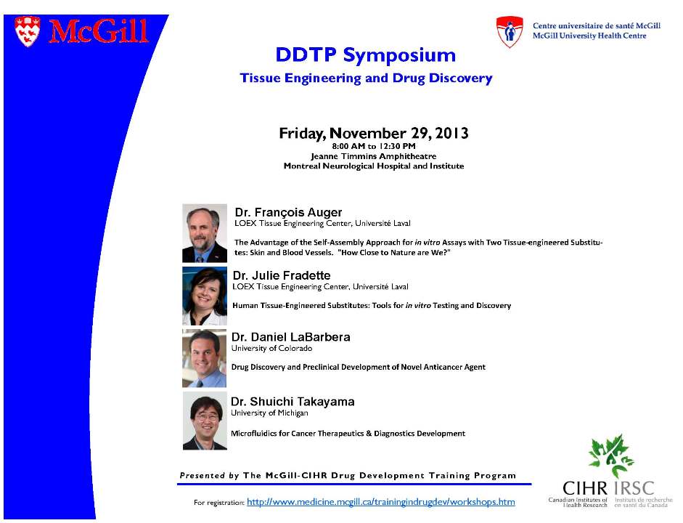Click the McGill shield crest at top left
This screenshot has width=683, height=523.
27,31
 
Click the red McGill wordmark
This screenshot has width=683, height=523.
99,31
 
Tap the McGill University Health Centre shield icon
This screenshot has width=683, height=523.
510,32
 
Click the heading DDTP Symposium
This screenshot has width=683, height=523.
366,55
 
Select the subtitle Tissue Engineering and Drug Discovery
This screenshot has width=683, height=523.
366,78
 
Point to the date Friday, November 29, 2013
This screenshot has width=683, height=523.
374,133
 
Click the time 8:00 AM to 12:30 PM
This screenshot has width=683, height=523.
374,147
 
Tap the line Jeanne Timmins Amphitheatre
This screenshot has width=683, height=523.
374,156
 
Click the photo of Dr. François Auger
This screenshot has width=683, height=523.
204,233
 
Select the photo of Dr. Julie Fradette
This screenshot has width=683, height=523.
204,296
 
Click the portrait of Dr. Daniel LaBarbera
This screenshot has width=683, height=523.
204,358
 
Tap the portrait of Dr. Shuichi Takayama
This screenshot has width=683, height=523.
205,421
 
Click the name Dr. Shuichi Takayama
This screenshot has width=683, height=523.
293,402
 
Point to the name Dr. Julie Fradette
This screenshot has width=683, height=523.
282,275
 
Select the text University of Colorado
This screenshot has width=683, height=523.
271,348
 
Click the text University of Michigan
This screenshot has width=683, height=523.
269,413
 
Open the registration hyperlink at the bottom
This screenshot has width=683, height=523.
381,502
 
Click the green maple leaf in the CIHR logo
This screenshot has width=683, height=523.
610,455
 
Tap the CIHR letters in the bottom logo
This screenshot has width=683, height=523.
584,488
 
